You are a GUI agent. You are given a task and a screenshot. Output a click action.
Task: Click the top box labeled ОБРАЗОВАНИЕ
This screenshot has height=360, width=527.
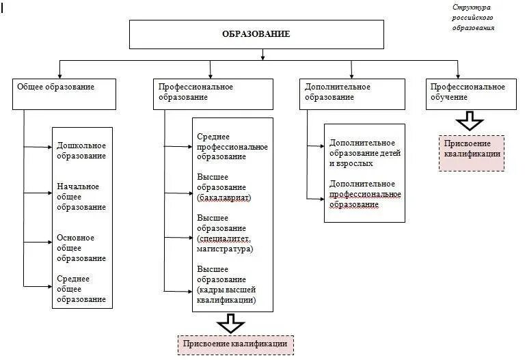[256, 34]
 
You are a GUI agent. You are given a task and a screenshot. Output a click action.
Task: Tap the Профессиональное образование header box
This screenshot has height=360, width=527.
[214, 94]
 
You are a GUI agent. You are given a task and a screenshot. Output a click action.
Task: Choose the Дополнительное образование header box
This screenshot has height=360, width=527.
[351, 94]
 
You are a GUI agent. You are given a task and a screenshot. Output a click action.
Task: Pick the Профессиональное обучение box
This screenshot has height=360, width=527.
[472, 94]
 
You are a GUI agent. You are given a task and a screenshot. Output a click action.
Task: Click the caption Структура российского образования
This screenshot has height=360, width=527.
[473, 18]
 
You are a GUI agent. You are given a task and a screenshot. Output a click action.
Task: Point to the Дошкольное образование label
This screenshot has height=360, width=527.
[81, 150]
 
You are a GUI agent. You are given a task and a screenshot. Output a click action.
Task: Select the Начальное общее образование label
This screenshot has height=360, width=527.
[81, 197]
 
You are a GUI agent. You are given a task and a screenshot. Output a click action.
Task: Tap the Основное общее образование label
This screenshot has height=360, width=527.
[81, 248]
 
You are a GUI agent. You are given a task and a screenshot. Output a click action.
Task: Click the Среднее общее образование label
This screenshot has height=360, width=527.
[81, 289]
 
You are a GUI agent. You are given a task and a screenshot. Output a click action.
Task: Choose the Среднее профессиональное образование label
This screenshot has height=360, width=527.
[232, 147]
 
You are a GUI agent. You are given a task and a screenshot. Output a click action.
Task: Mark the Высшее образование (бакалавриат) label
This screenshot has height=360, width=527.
[224, 187]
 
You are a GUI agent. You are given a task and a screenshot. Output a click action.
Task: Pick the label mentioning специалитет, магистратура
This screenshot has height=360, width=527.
[224, 234]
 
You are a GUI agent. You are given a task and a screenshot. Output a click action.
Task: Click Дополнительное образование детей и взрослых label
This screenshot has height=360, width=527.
[364, 153]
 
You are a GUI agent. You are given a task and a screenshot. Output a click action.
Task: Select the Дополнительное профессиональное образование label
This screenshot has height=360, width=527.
[364, 194]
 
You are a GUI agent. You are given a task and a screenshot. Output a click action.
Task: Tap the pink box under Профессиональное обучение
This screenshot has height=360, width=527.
[472, 152]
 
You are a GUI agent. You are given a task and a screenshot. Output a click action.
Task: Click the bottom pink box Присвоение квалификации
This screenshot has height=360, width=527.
[235, 344]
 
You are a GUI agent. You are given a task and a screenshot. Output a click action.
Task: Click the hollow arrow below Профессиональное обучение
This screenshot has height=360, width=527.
[470, 122]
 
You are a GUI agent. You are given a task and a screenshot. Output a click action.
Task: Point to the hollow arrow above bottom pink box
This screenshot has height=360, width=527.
[230, 322]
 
